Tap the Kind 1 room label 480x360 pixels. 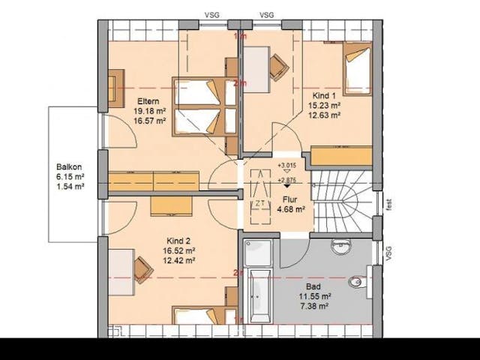[325, 96]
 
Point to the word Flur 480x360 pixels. [289, 199]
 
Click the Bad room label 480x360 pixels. [315, 286]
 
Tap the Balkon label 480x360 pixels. [68, 167]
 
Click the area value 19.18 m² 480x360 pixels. [149, 111]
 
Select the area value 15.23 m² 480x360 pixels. [325, 106]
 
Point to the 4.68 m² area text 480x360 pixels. [289, 210]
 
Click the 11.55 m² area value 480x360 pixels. [315, 296]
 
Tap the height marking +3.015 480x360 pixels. [286, 165]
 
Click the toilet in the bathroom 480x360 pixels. [358, 282]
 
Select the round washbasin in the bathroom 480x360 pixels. [342, 244]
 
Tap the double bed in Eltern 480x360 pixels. [205, 106]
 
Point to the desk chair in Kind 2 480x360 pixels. [142, 268]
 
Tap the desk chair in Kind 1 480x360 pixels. [277, 67]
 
